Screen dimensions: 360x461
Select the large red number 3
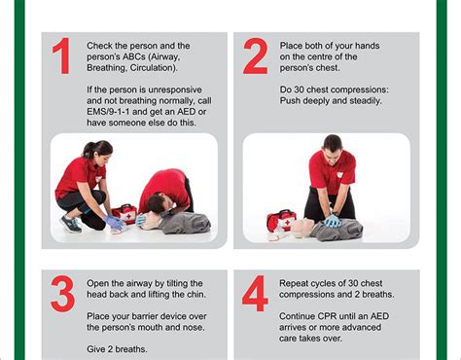coord(61,295)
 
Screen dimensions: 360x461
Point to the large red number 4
coord(255,295)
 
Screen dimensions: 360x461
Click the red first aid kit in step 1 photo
coord(124,212)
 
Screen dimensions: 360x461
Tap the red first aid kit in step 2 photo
coord(281,220)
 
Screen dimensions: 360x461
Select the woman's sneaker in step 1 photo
coord(71,224)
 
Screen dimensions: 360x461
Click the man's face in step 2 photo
coord(332,148)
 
